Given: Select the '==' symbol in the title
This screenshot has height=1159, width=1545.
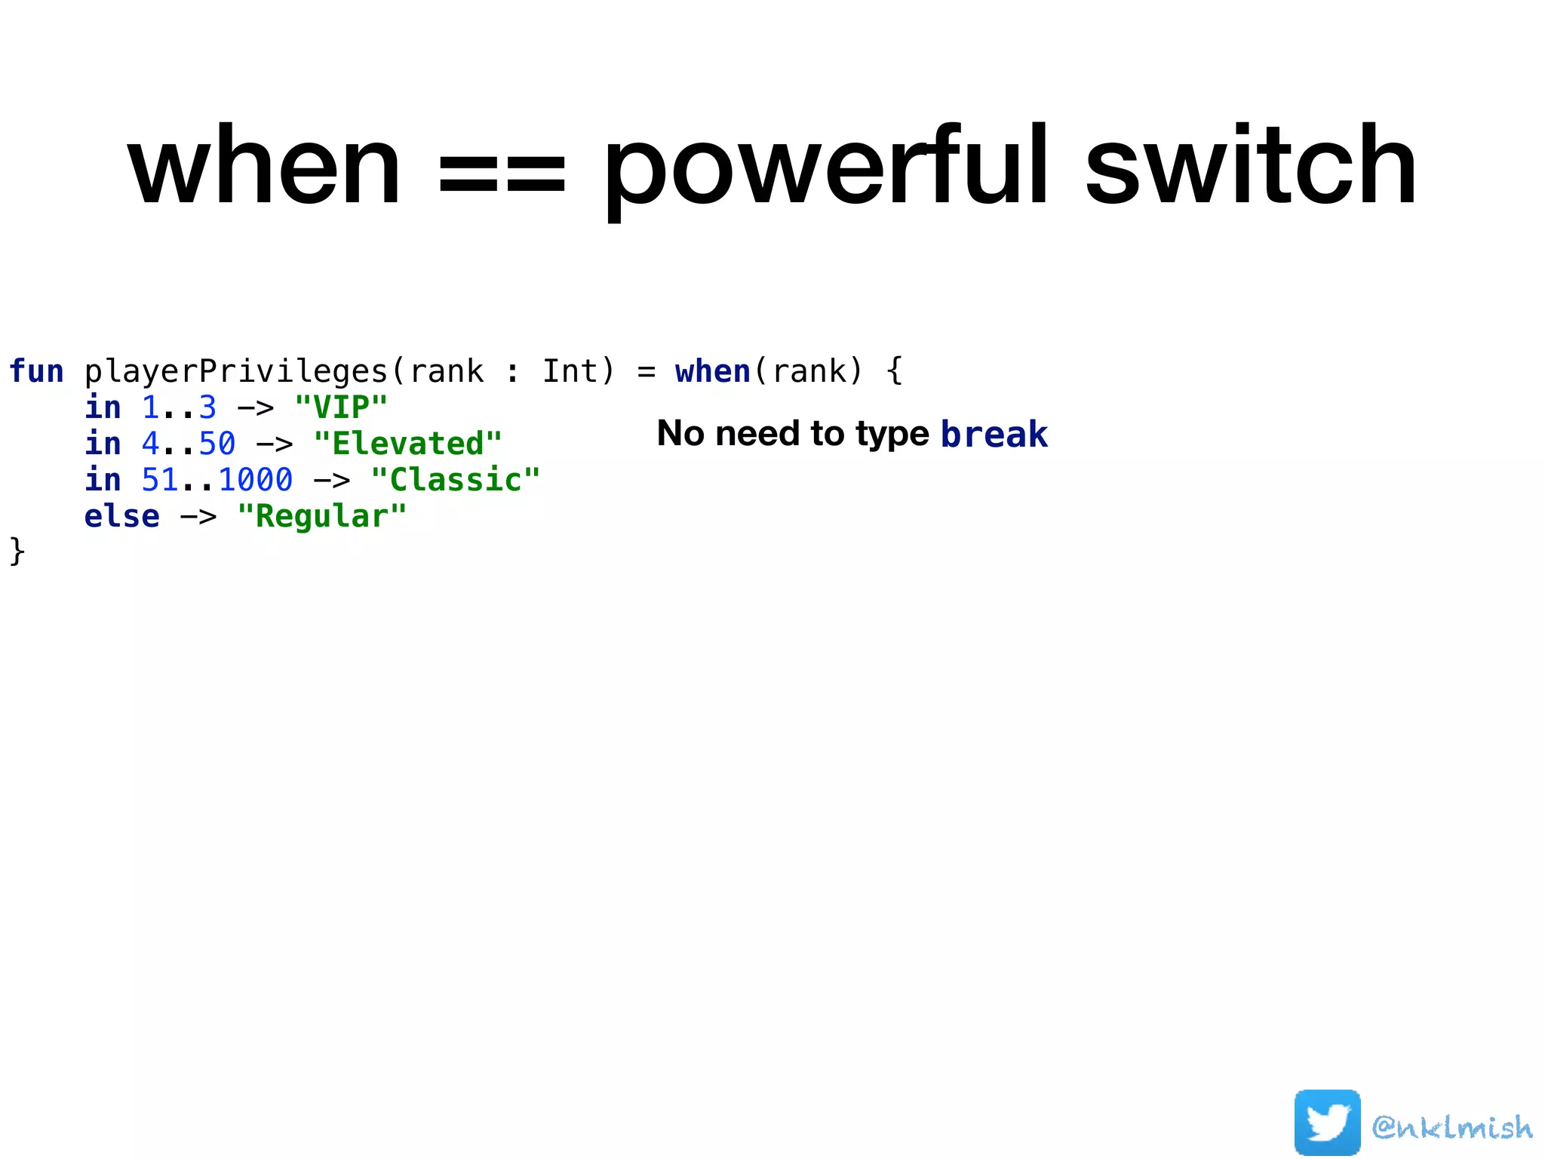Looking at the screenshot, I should tap(502, 175).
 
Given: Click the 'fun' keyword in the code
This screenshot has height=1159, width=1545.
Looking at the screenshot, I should tap(36, 371).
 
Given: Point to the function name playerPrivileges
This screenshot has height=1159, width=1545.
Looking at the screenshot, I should tap(235, 372).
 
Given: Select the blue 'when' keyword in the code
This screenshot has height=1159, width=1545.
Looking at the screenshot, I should tap(712, 371).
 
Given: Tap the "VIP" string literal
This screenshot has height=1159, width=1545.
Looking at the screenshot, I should tap(341, 407).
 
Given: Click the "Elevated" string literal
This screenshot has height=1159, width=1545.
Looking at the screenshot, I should tap(407, 444).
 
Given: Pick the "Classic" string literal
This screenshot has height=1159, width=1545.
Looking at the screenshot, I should tap(456, 480).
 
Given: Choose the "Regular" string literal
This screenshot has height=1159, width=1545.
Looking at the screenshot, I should tap(321, 516).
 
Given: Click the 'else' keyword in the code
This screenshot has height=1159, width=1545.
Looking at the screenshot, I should tap(121, 516).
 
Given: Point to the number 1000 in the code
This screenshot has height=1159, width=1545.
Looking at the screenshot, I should tap(255, 480).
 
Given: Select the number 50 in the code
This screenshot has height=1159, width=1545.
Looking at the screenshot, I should tap(217, 444).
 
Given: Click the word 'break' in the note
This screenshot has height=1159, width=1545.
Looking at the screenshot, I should tap(994, 434).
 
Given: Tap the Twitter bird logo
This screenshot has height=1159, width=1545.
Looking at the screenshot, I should tap(1327, 1122).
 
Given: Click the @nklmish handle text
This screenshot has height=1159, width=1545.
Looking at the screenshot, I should tap(1452, 1127).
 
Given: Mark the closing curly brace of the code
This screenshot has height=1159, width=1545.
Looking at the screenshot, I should tap(17, 552).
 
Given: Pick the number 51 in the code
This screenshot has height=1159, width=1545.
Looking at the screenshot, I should tap(160, 480).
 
